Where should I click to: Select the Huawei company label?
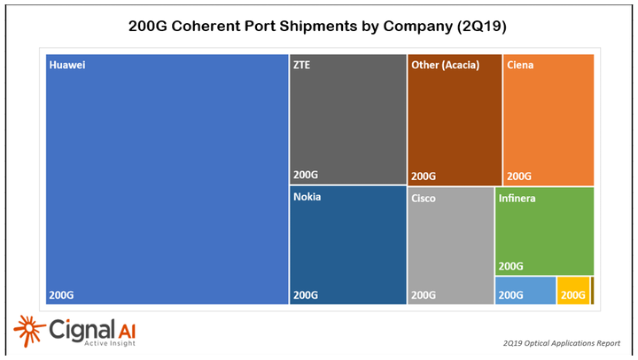67,66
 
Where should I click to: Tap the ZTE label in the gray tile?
302,65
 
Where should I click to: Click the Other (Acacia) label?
447,65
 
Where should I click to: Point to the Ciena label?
520,65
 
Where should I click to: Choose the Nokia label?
307,197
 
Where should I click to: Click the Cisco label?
424,199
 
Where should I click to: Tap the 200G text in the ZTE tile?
305,176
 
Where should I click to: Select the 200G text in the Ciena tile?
519,176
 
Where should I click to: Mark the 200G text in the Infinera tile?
512,265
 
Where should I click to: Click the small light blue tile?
525,291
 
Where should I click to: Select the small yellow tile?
572,291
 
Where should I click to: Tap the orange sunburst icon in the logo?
28,332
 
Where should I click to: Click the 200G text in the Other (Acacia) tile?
424,176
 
